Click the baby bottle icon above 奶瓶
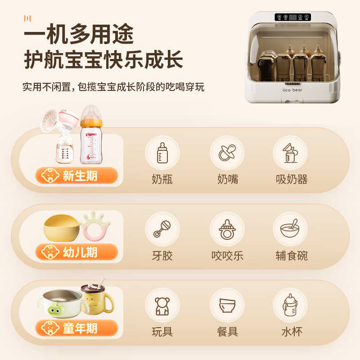[x=162, y=153]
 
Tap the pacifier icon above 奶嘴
[x=227, y=153]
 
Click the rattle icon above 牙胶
[x=162, y=229]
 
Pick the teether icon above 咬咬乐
[x=227, y=229]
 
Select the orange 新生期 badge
[x=77, y=175]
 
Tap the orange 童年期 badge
[x=77, y=328]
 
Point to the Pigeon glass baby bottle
[x=91, y=135]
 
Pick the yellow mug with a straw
[x=97, y=298]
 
